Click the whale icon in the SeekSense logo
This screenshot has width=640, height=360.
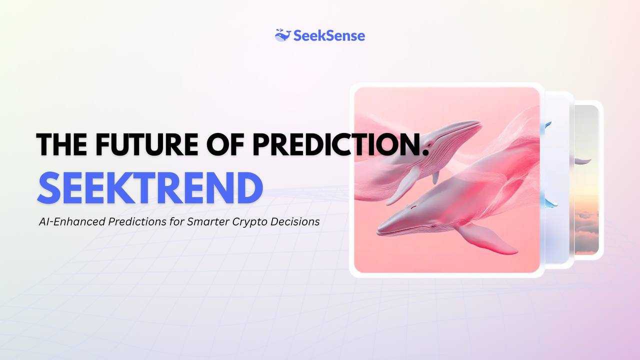(x=283, y=35)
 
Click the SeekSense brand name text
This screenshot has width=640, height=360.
(x=329, y=36)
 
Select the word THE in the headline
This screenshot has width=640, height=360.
(x=61, y=144)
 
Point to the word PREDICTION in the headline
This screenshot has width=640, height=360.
(x=334, y=144)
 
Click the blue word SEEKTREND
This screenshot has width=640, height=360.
(x=150, y=187)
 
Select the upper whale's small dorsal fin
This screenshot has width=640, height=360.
(x=435, y=177)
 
